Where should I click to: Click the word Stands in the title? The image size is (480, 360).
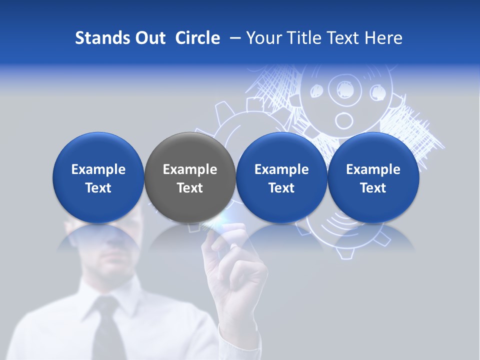coord(97,38)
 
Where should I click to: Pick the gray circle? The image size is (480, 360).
coord(190,177)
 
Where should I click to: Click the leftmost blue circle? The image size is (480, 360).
coord(98,177)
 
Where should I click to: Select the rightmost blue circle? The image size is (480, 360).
coord(373,177)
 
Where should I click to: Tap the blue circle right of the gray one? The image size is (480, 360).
coord(281,177)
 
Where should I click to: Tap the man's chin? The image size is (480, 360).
coord(112,270)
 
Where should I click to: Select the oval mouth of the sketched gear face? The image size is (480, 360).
coord(343,120)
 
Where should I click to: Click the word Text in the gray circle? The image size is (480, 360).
coord(190,188)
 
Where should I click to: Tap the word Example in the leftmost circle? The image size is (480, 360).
coord(98,169)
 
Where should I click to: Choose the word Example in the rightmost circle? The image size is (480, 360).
coord(373,169)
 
